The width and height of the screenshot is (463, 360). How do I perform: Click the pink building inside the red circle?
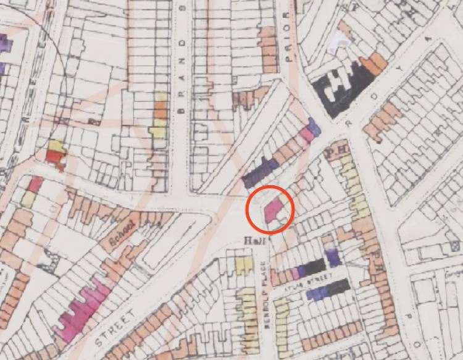(274, 210)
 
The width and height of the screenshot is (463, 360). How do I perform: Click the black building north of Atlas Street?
(314, 267)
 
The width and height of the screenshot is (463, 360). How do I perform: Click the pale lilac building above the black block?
(338, 42)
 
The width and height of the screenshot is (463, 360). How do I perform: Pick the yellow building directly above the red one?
(57, 146)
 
